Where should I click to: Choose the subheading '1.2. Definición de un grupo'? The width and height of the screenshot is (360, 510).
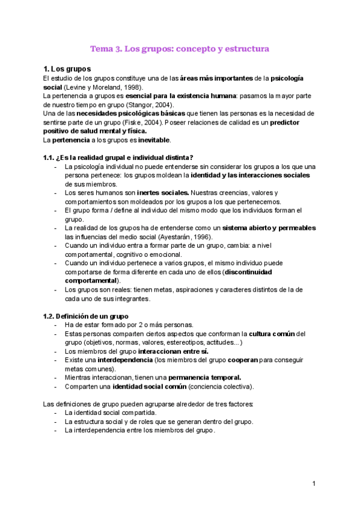click(x=85, y=316)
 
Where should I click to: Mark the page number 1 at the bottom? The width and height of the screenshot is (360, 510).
click(x=314, y=484)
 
